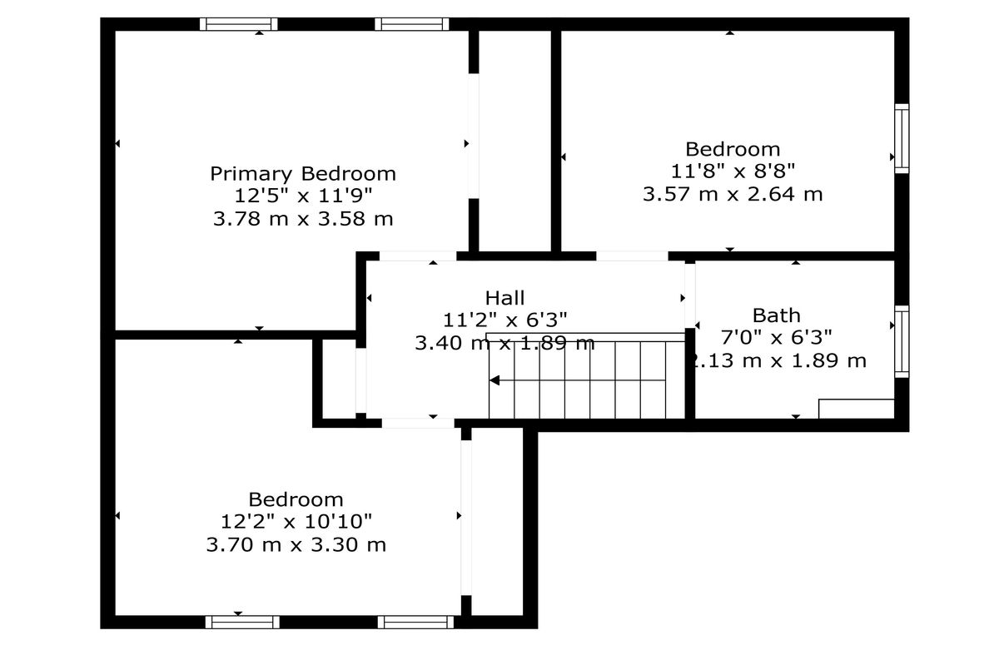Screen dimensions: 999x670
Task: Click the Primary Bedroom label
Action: coord(303,174)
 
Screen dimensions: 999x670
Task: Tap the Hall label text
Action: coord(504,298)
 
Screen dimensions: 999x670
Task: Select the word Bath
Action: coord(776,315)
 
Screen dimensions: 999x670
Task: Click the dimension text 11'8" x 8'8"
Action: coord(733,171)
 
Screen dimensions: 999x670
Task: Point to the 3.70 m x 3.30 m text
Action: coord(296,544)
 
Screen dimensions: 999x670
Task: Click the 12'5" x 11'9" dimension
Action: coord(303,196)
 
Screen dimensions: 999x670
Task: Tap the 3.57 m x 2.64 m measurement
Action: coord(733,194)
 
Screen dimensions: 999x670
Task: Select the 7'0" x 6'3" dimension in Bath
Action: coord(777,337)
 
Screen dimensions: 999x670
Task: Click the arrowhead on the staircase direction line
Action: coord(495,380)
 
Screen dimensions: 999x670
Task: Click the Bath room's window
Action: coord(902,341)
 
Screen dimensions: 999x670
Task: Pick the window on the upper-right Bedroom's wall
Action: coord(902,139)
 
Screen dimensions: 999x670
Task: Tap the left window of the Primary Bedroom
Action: coord(239,24)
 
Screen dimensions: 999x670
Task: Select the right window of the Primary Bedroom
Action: coord(411,24)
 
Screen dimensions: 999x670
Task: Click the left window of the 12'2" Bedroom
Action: coord(242,622)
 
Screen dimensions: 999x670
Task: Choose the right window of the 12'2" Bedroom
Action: coord(415,622)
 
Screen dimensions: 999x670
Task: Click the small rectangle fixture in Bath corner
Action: coord(857,409)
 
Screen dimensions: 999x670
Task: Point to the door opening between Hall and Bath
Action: coord(690,295)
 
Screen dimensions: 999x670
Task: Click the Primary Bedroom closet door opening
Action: coord(474,136)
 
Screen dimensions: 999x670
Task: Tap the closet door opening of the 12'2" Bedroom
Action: coord(466,518)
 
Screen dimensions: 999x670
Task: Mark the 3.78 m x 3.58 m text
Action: coord(303,219)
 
